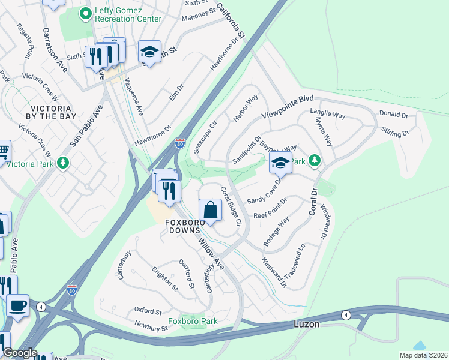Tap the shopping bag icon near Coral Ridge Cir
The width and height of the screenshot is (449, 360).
[x=210, y=211]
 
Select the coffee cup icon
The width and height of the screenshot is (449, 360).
[x=17, y=305]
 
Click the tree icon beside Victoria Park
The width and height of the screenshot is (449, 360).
[x=62, y=163]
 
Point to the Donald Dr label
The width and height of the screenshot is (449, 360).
[x=393, y=114]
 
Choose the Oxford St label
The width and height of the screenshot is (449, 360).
[x=148, y=311]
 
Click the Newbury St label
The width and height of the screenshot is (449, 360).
[x=151, y=328]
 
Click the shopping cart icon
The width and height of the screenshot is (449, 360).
[x=4, y=150]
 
